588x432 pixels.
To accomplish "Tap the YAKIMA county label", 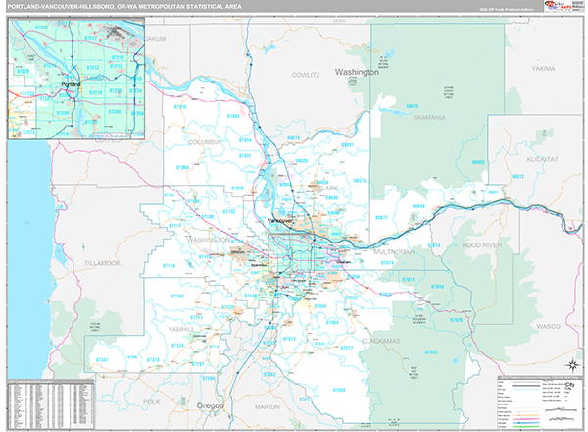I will pos(544,69).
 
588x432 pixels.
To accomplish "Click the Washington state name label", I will pos(356,73).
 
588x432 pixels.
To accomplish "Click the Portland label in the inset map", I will pos(70,84).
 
